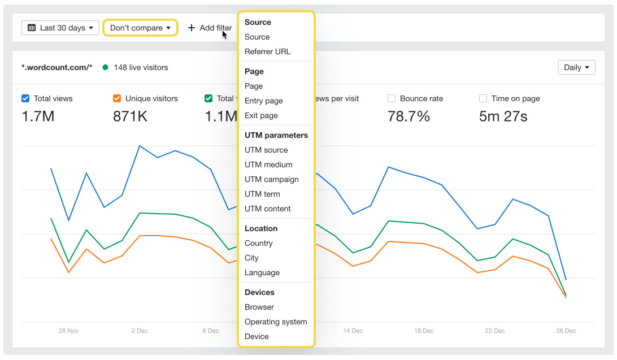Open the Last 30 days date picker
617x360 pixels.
(60, 28)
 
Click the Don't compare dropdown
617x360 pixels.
(140, 28)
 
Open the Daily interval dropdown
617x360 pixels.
(576, 67)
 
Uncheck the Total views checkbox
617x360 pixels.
(25, 98)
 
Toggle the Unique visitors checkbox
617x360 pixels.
(117, 98)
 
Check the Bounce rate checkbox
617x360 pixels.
(392, 98)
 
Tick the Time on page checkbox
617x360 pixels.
(483, 98)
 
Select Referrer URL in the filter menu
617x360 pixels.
(267, 51)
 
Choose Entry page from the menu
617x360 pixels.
(263, 101)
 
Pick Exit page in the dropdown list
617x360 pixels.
(261, 115)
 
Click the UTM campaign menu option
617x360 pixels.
(271, 179)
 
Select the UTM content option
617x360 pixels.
(267, 209)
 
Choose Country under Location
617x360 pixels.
(258, 243)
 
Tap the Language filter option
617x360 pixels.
(262, 272)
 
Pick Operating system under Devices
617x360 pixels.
(276, 322)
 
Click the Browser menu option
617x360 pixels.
(259, 307)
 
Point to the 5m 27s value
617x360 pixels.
(503, 116)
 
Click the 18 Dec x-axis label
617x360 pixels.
(424, 331)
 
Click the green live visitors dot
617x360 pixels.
(106, 67)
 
